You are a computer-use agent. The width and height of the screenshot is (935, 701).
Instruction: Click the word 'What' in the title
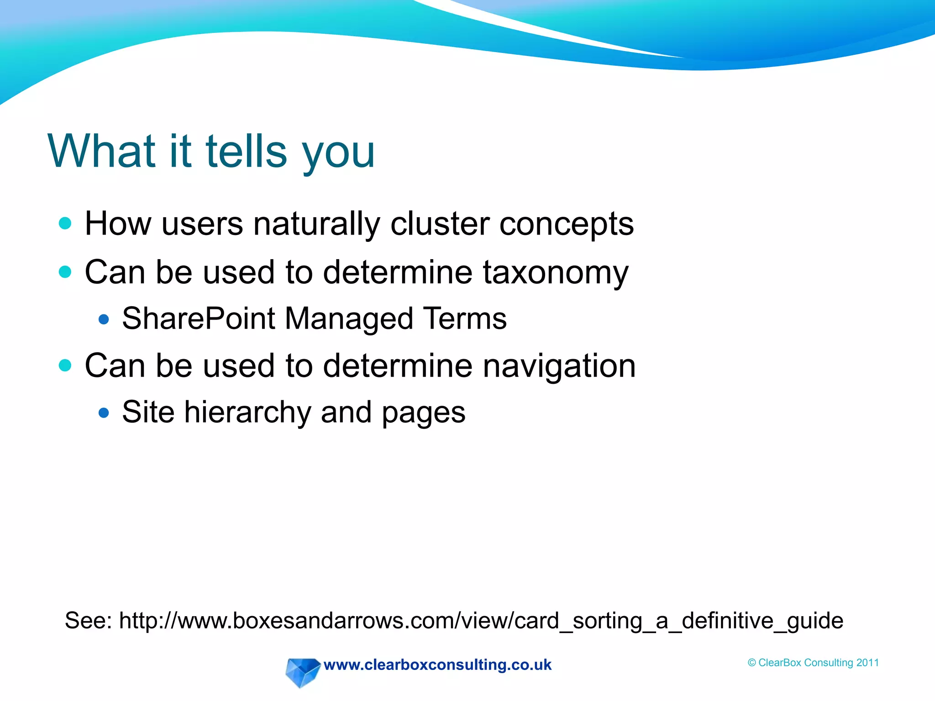point(101,151)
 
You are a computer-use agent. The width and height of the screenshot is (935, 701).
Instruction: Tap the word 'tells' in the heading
point(246,151)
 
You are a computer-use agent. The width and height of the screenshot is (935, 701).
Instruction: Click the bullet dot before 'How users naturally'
point(65,223)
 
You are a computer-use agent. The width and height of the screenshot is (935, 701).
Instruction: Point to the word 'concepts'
point(566,225)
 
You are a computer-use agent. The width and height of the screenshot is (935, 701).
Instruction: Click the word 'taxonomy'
point(556,273)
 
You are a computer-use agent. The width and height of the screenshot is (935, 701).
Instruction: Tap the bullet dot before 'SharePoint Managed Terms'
point(104,319)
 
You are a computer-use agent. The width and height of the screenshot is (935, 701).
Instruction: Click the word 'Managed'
point(349,319)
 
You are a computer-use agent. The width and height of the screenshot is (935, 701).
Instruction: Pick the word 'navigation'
point(559,366)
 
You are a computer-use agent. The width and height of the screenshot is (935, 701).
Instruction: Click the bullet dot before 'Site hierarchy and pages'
point(104,413)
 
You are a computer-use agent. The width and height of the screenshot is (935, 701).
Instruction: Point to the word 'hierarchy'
point(247,413)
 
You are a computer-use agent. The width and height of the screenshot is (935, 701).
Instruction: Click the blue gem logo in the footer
point(301,671)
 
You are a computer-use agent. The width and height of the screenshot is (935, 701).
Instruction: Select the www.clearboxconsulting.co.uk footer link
point(437,665)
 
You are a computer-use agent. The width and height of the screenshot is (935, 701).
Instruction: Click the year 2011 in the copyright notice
point(867,663)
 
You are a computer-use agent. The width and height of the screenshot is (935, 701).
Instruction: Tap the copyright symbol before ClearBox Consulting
point(751,663)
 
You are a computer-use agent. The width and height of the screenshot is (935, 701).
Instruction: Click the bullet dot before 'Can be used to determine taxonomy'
point(65,272)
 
